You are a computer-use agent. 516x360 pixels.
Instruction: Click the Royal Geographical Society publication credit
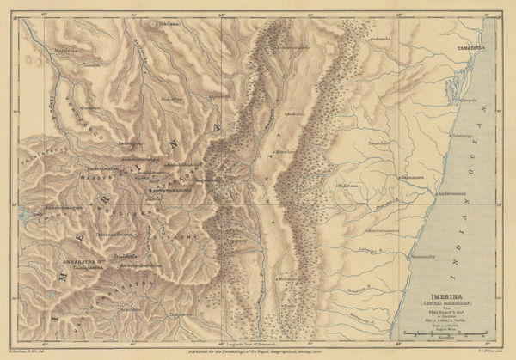click(x=260, y=352)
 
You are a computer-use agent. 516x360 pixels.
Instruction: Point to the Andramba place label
click(x=382, y=40)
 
